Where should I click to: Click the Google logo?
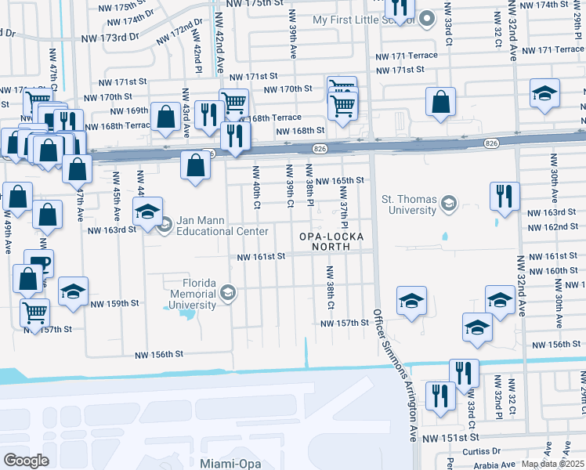tap(26, 461)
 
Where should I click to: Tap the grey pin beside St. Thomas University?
tap(448, 204)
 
